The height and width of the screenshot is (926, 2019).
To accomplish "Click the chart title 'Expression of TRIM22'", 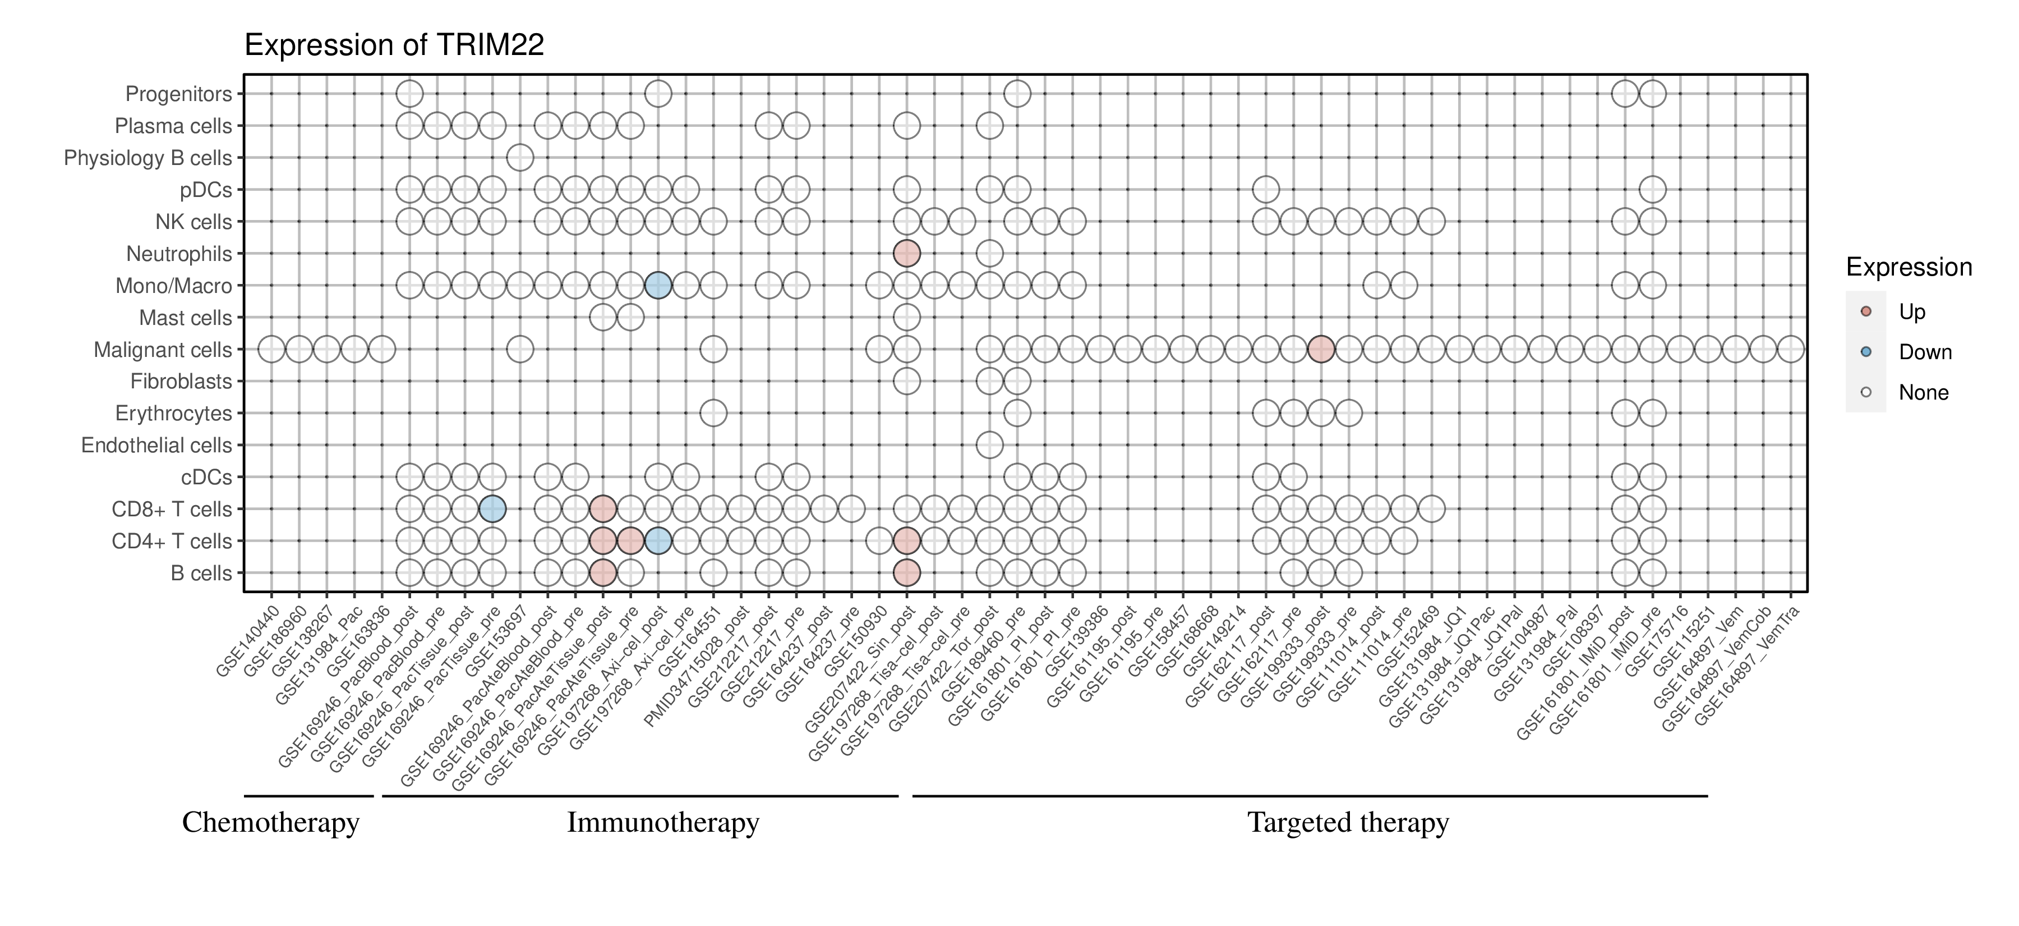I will tap(394, 45).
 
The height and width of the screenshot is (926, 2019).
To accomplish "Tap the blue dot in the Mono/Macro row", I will tap(658, 286).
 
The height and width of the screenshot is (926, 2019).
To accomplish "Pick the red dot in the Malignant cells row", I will tap(1321, 349).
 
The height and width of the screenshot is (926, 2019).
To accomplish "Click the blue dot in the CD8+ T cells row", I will tap(492, 509).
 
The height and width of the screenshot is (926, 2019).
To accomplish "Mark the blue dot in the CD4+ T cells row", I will tap(658, 541).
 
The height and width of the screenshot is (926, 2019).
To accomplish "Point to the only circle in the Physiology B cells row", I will tap(520, 158).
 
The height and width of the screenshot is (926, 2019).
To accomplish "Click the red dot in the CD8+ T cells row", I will tap(603, 509).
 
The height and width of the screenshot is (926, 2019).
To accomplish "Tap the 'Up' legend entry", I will tap(1912, 312).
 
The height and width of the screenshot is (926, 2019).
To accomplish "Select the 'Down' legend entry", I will tap(1924, 352).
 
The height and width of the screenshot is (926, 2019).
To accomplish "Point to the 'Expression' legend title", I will tap(1909, 267).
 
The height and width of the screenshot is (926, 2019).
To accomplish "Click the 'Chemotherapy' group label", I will tap(270, 823).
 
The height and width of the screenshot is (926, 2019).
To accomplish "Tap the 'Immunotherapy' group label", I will tap(663, 823).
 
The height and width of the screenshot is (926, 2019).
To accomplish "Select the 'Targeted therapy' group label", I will tap(1348, 823).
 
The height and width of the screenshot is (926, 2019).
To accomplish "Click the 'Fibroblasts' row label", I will tap(181, 381).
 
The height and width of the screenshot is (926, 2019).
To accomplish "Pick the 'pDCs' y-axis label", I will tap(206, 190).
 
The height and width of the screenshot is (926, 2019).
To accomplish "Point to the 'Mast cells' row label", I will tap(186, 318).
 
